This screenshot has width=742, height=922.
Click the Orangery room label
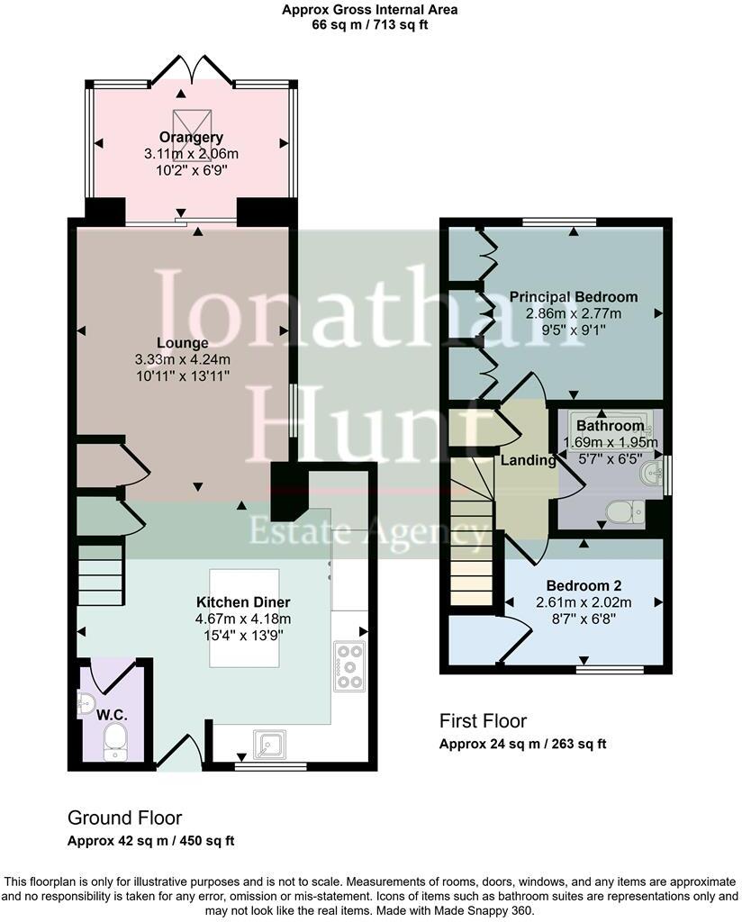click(191, 137)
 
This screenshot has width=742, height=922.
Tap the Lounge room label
click(182, 343)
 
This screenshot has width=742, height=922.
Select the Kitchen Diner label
click(243, 601)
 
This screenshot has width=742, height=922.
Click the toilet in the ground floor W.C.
click(115, 740)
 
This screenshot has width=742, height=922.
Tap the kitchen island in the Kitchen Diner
click(244, 618)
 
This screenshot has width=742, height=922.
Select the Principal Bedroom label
click(573, 296)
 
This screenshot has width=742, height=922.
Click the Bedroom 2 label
click(584, 586)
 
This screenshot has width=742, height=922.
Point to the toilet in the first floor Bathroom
click(622, 512)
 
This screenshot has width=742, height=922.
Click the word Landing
click(528, 460)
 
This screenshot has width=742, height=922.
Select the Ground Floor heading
click(124, 818)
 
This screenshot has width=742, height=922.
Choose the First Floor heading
click(483, 720)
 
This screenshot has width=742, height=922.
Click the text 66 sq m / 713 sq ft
click(369, 25)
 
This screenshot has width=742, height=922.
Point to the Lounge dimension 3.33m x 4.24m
click(182, 358)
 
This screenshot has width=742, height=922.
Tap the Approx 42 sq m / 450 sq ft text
click(151, 841)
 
